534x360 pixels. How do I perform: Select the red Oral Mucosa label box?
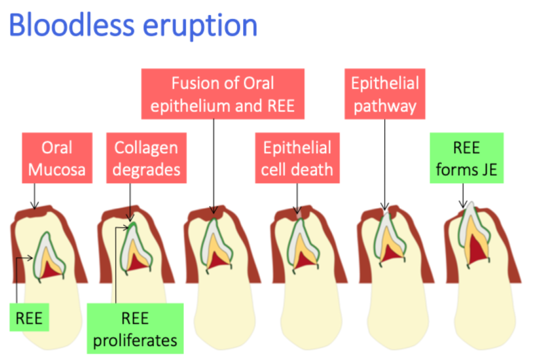tap(57, 158)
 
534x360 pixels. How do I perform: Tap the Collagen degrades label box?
tap(147, 158)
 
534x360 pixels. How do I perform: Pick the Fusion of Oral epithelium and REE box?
tap(223, 93)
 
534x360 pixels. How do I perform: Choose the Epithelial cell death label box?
tap(297, 158)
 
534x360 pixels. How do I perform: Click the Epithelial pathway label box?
tap(385, 93)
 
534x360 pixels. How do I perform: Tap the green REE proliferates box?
tap(135, 328)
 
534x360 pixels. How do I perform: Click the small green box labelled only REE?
tap(29, 318)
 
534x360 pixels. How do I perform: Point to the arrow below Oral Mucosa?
tap(34, 196)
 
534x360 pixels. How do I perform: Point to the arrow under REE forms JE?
tap(464, 196)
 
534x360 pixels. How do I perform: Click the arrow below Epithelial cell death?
tap(298, 197)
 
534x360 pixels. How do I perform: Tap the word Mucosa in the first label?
tap(57, 169)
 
